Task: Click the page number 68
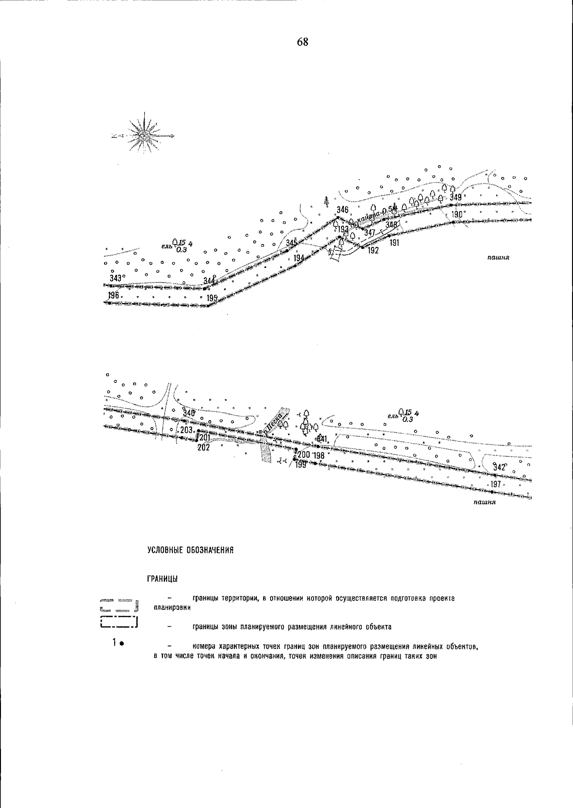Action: coord(303,42)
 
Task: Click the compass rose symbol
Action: coord(144,136)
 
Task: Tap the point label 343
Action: coord(116,278)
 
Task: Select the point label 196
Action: coord(114,296)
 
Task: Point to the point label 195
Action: coord(212,298)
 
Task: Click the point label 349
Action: coord(456,198)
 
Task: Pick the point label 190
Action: coord(457,215)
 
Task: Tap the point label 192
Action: coord(373,251)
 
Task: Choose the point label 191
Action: coord(394,243)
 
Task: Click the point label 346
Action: coord(342,210)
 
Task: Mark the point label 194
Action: coord(299,258)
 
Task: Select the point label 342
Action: coord(499,468)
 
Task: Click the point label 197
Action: coord(496,485)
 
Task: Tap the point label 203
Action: coord(186,430)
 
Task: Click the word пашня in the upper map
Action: coord(499,257)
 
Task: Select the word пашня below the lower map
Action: coord(485,502)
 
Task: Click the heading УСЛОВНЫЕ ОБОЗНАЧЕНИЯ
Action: coord(190,551)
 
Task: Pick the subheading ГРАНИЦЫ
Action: coord(162,579)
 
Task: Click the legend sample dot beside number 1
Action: coord(122,644)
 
